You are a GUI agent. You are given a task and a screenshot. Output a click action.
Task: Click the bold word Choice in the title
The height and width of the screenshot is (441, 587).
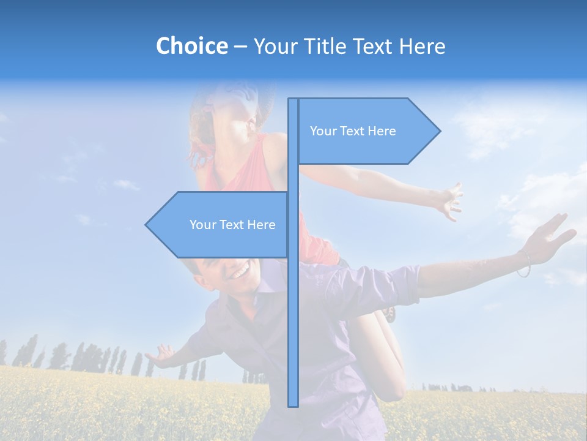point(191,46)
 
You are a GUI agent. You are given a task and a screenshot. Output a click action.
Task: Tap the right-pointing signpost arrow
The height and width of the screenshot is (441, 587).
point(367,131)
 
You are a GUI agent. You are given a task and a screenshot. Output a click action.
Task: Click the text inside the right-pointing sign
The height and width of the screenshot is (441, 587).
point(353,131)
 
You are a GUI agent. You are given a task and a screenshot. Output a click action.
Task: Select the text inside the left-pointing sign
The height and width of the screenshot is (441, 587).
point(232,225)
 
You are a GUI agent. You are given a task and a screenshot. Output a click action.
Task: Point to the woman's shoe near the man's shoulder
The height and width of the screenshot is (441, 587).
point(389,314)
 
